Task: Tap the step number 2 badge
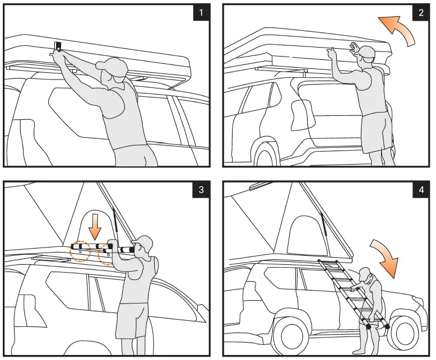[x=421, y=13]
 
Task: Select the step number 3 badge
[x=201, y=189]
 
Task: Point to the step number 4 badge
[x=421, y=189]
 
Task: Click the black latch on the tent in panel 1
[x=58, y=46]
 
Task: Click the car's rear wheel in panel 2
[x=267, y=153]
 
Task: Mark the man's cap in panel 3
[x=142, y=243]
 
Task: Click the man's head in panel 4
[x=365, y=275]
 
